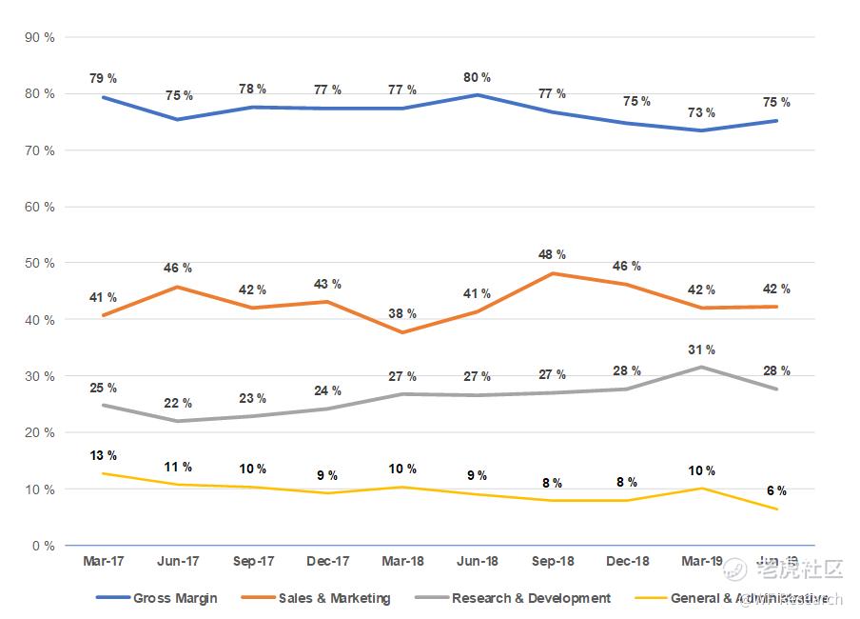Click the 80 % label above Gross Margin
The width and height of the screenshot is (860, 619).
pos(478,77)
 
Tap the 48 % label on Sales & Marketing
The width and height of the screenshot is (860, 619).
pos(553,254)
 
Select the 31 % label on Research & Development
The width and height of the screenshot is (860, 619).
pos(703,349)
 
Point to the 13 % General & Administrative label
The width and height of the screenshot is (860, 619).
pos(103,455)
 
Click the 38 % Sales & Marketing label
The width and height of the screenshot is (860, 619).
pos(402,312)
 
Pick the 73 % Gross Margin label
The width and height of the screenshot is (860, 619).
pos(703,112)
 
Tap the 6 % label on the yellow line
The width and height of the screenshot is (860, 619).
pos(777,490)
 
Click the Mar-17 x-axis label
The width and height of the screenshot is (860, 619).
pos(103,562)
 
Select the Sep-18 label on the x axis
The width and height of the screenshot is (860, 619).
pos(553,562)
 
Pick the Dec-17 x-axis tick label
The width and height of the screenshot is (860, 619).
pos(327,562)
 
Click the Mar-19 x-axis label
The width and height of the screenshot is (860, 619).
pos(702,562)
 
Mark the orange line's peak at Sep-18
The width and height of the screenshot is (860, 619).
pos(553,273)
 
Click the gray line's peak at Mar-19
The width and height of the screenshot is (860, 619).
pos(702,367)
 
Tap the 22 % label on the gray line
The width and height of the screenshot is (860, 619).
pos(178,403)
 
